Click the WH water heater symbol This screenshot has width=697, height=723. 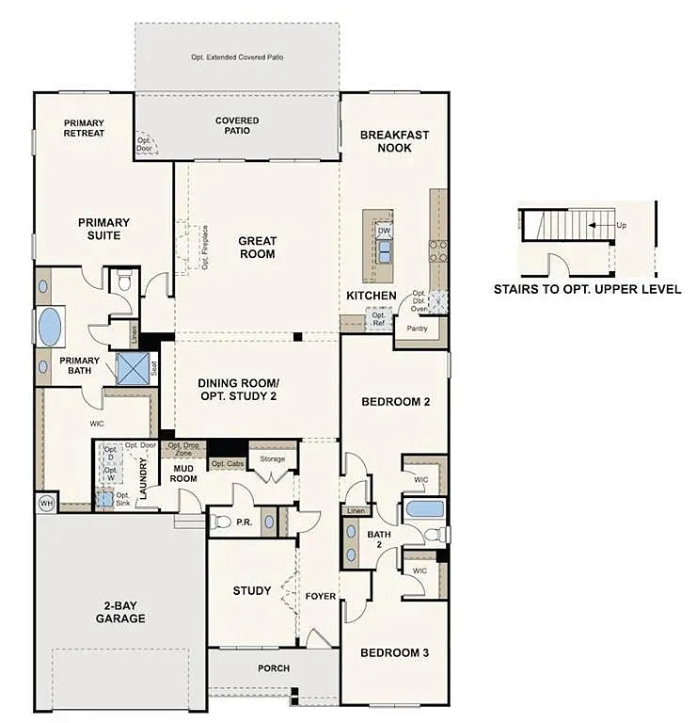click(x=46, y=504)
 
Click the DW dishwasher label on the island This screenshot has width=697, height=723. click(x=384, y=230)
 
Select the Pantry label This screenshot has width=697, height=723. click(x=417, y=329)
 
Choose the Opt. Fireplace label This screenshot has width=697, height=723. click(x=204, y=248)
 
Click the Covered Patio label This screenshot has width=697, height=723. click(x=237, y=125)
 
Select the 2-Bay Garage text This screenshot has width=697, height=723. click(x=119, y=612)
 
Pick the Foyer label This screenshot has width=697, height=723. click(x=321, y=596)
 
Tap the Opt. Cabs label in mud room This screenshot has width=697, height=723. click(x=227, y=464)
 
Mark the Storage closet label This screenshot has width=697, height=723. click(x=273, y=458)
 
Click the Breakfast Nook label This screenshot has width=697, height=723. click(x=394, y=141)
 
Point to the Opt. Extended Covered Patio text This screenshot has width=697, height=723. click(x=237, y=57)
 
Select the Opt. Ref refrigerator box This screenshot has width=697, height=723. click(x=378, y=318)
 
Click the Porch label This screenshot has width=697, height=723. click(x=274, y=668)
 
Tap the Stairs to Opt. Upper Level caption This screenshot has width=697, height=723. click(x=587, y=290)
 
